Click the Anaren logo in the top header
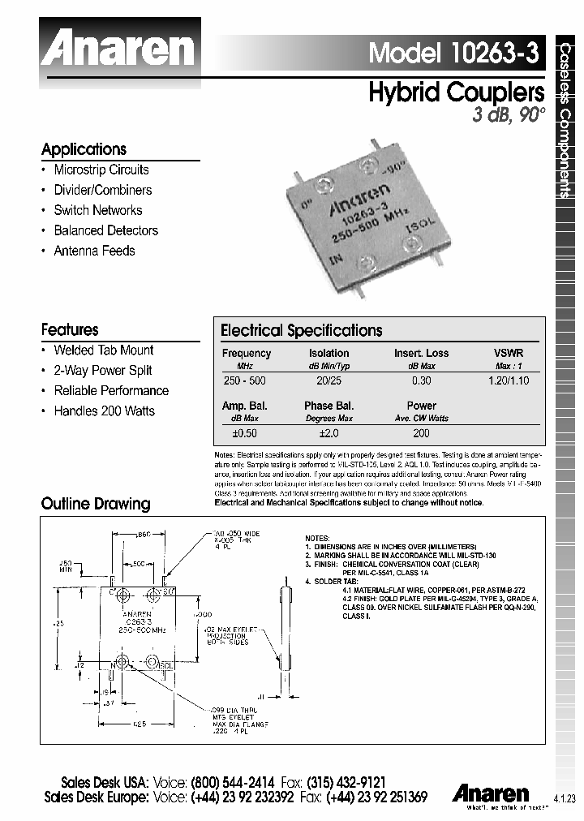click(118, 49)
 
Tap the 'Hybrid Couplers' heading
click(455, 92)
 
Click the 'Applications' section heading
click(84, 149)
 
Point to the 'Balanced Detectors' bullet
click(105, 230)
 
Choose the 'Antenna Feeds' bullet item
click(94, 251)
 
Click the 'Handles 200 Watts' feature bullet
click(104, 410)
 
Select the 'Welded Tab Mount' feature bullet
click(103, 350)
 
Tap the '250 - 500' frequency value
click(243, 380)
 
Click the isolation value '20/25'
click(328, 380)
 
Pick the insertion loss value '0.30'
click(421, 380)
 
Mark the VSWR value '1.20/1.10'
click(509, 380)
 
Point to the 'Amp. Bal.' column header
click(244, 406)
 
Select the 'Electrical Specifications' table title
click(301, 331)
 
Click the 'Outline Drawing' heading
click(96, 504)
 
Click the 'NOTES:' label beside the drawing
click(317, 539)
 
